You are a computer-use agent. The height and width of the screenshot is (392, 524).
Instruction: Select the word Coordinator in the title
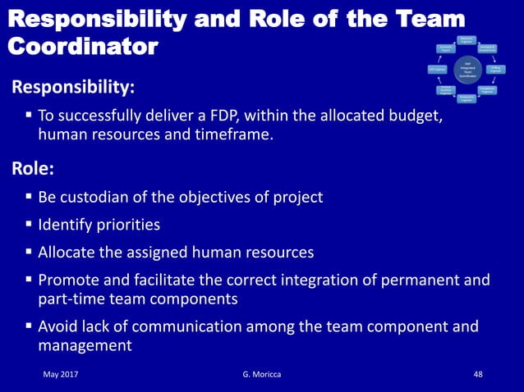click(x=83, y=46)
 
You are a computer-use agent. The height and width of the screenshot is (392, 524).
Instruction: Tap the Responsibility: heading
click(x=72, y=86)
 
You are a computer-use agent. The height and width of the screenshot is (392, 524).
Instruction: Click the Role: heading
click(x=33, y=170)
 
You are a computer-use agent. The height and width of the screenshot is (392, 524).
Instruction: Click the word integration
click(x=308, y=280)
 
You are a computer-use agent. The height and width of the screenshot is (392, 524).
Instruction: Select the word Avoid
click(x=58, y=326)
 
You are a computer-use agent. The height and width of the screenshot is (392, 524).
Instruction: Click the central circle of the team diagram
click(x=466, y=71)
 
